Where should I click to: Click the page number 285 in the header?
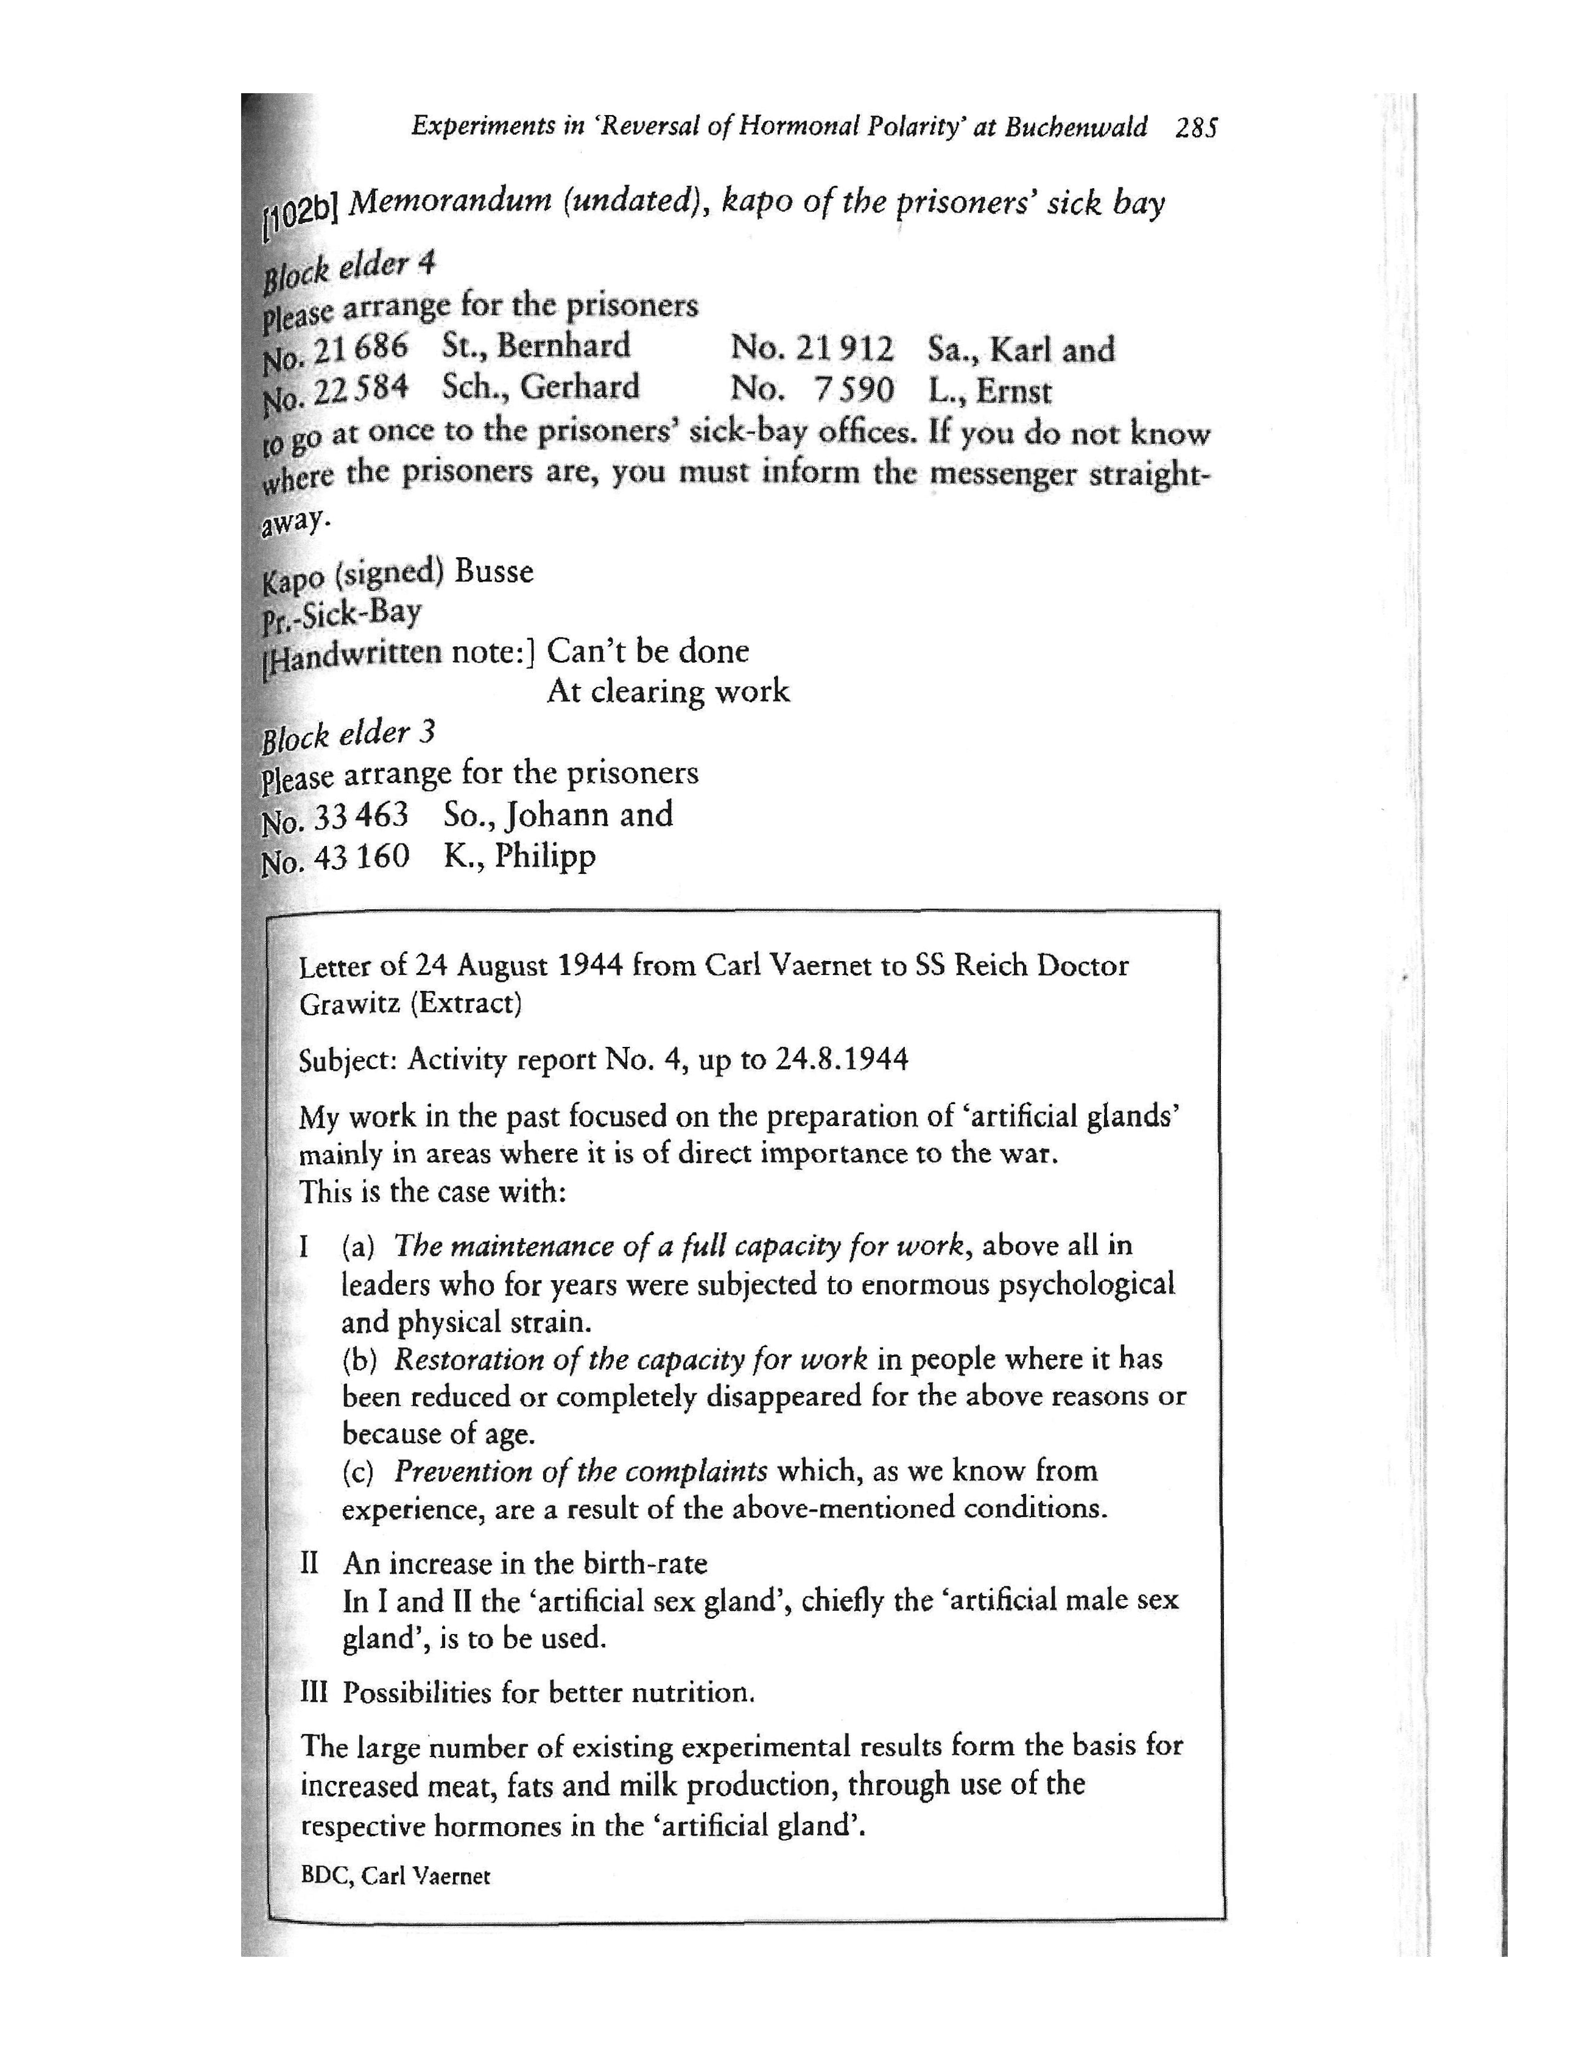(1196, 128)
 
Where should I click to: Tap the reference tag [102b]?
(298, 211)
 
